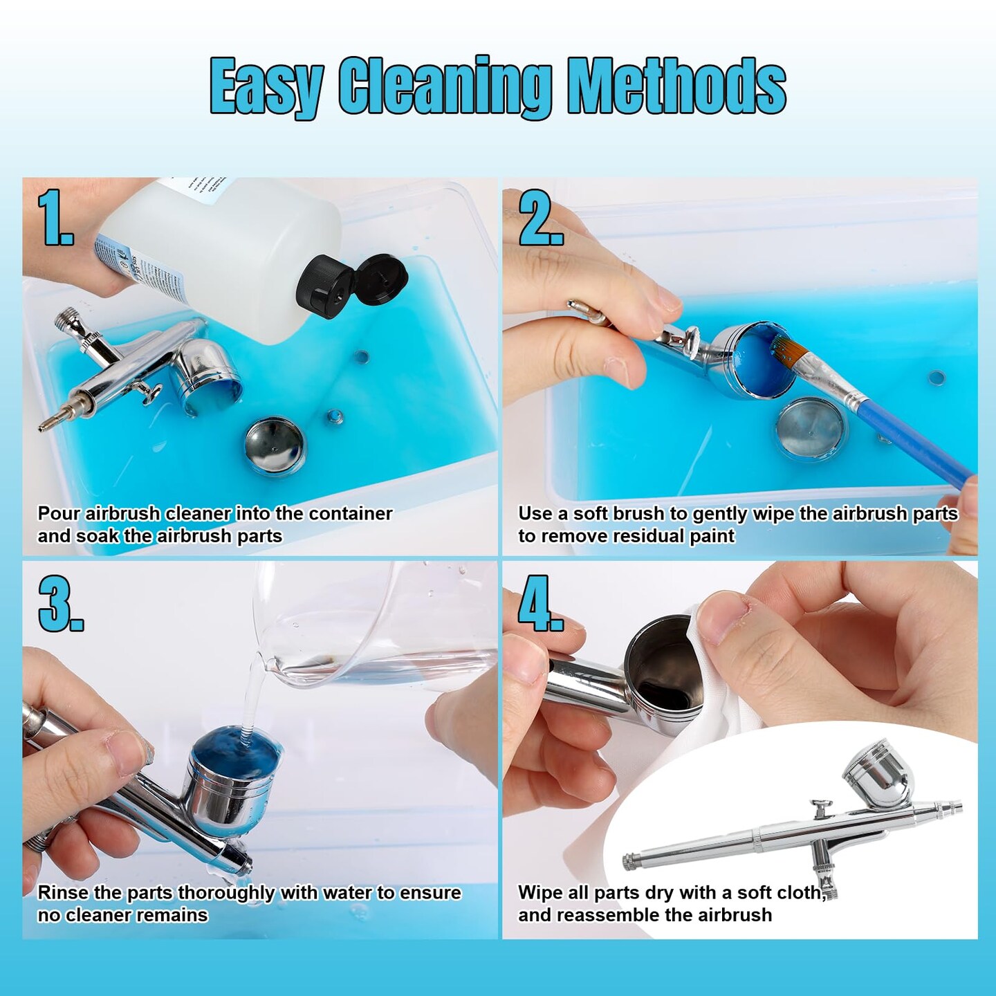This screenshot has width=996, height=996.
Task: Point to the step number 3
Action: click(x=60, y=602)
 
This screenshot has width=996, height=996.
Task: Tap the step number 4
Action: click(x=541, y=602)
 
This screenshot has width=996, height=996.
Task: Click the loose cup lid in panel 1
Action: click(x=275, y=446)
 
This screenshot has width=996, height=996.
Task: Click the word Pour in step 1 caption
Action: click(x=59, y=514)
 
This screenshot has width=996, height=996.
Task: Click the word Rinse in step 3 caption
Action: click(x=63, y=892)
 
